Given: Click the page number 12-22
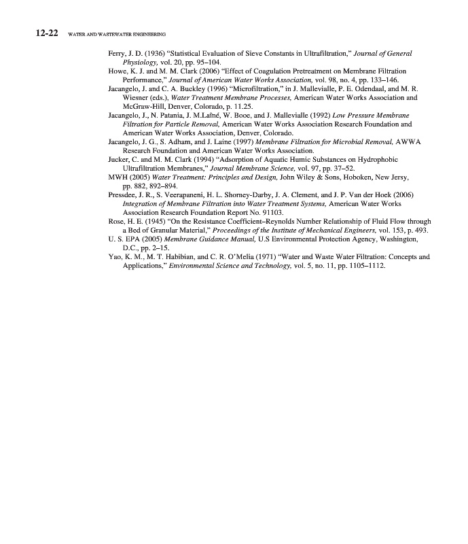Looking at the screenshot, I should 46,33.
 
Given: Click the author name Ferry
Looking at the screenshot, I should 117,53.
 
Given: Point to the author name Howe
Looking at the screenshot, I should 118,71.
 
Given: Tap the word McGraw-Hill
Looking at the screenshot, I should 141,107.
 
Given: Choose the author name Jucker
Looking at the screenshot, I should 120,160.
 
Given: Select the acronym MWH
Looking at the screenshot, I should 118,177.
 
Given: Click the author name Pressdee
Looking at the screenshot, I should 124,195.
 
